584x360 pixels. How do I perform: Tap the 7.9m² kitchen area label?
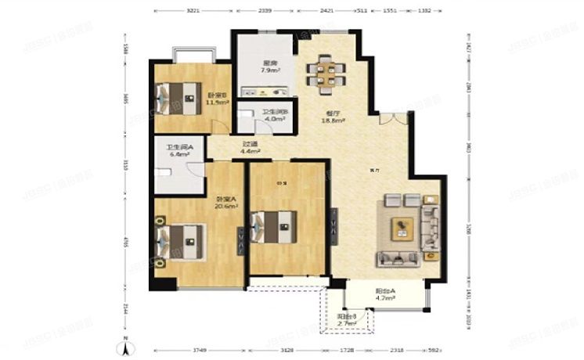[x=250, y=67]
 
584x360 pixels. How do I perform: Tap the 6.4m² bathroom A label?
[x=175, y=151]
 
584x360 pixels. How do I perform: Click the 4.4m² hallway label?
[x=251, y=147]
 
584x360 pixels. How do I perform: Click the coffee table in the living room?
[x=402, y=228]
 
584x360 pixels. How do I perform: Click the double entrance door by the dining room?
[x=393, y=119]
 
